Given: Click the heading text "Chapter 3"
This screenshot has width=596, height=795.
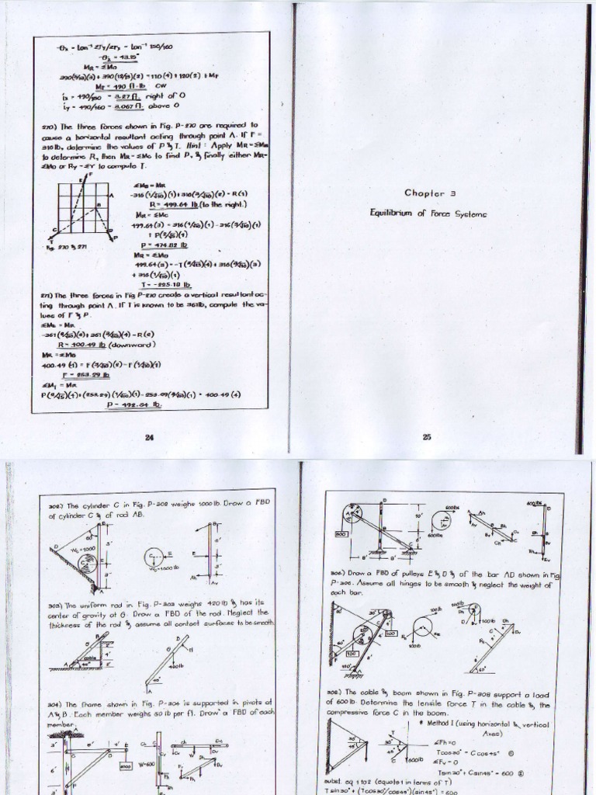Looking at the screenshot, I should (x=428, y=193).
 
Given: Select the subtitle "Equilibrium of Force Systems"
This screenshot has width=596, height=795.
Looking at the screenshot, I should (x=428, y=210).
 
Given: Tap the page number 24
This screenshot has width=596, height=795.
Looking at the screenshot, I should (x=150, y=437).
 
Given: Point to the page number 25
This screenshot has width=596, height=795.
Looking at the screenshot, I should (x=426, y=437).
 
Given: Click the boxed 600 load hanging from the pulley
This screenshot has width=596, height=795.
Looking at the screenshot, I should (x=340, y=533).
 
